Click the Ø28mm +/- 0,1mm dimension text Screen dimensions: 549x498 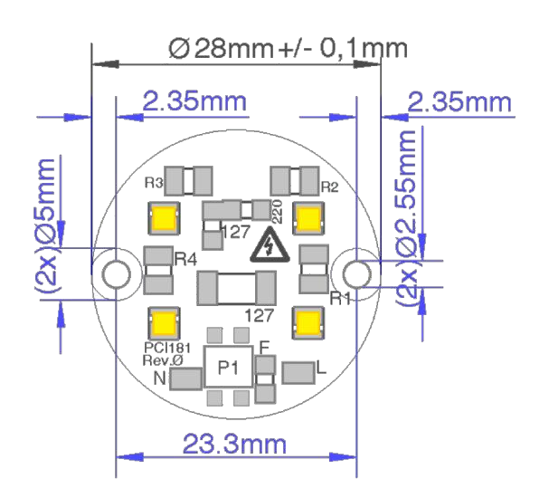[x=288, y=48]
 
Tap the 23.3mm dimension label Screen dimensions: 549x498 [x=234, y=444]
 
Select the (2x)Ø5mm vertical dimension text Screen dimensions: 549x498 [x=46, y=225]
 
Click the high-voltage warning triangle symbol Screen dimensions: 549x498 [x=270, y=244]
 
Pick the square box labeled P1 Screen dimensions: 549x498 [x=228, y=367]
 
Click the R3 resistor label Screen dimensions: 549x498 [x=154, y=183]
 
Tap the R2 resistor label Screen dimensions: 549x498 [x=330, y=187]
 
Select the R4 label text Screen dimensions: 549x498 [x=185, y=259]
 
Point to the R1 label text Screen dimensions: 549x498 [x=340, y=299]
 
